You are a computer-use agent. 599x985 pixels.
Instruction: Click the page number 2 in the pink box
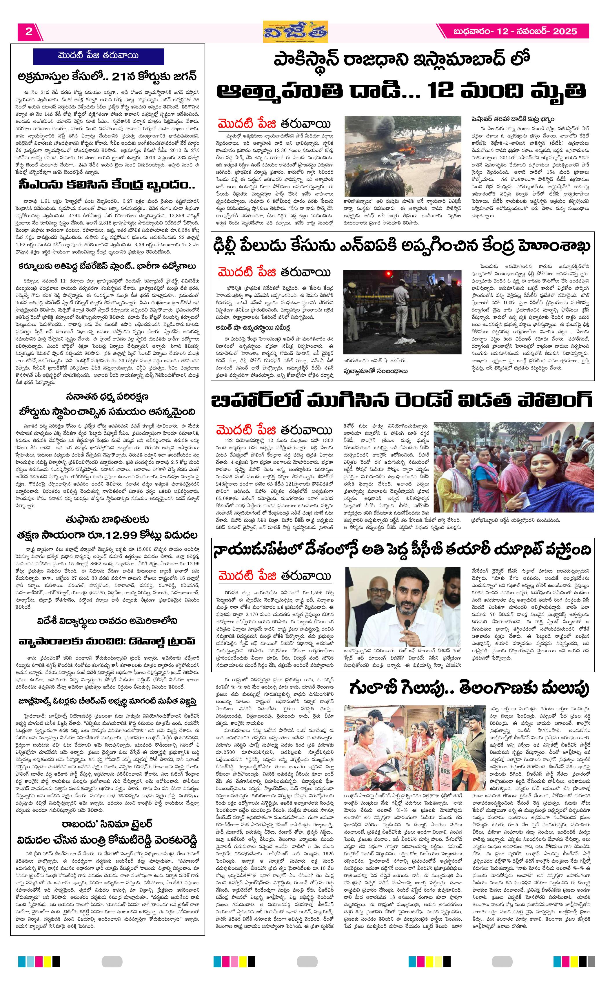(29, 32)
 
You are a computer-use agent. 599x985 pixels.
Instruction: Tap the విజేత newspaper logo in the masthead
(296, 32)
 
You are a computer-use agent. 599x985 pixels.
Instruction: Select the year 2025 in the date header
(565, 32)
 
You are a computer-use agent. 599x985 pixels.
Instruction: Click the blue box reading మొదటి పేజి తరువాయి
(99, 56)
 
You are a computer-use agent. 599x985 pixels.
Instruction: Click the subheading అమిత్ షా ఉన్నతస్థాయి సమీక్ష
(252, 328)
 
